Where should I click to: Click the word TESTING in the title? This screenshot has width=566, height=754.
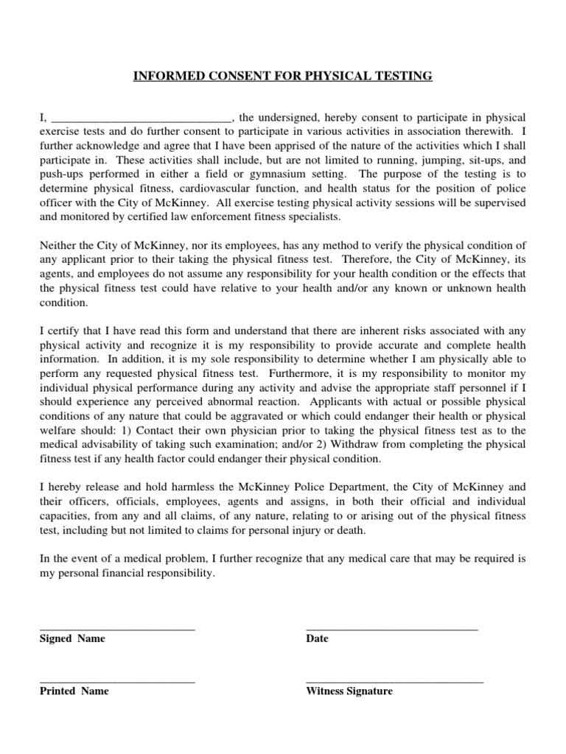[404, 76]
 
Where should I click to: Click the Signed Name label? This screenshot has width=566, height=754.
[72, 638]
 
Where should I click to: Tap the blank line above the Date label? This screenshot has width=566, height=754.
[391, 628]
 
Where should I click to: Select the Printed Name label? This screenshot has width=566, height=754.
[74, 691]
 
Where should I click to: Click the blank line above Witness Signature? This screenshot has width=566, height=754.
[394, 681]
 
